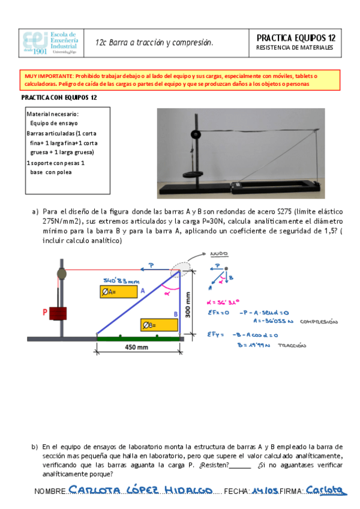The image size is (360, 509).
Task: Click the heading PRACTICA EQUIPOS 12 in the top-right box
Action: (x=295, y=38)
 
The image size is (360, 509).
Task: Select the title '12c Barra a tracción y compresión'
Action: (x=154, y=43)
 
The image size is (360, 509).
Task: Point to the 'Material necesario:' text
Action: (x=53, y=113)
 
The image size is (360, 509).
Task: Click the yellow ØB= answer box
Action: (x=159, y=325)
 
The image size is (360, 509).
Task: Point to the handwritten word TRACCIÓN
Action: (x=292, y=346)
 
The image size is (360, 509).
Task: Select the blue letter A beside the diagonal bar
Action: (x=142, y=291)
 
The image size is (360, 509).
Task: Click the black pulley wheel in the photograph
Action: (x=194, y=134)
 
